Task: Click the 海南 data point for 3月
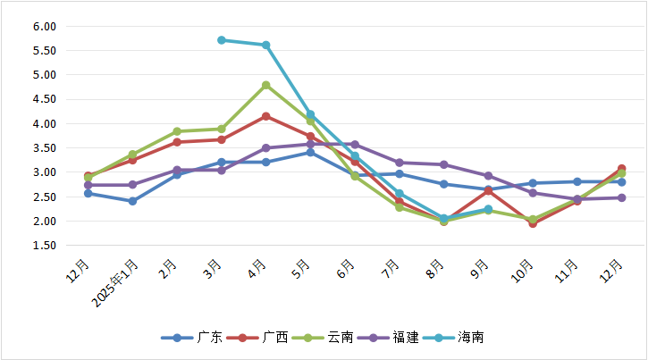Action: (x=222, y=40)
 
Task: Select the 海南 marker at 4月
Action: (x=266, y=45)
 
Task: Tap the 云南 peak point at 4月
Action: (x=266, y=85)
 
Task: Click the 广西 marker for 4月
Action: (x=266, y=116)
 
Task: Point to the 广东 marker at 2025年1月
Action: (x=132, y=201)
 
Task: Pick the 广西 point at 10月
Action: (x=533, y=223)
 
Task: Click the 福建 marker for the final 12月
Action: (x=621, y=197)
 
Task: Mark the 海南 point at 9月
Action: (x=488, y=209)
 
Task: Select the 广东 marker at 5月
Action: (x=310, y=152)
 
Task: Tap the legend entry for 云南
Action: (x=325, y=338)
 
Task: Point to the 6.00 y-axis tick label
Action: (x=45, y=26)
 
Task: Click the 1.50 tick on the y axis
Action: (x=45, y=245)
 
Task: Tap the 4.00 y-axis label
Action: (x=45, y=123)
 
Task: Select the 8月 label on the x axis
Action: (x=435, y=269)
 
